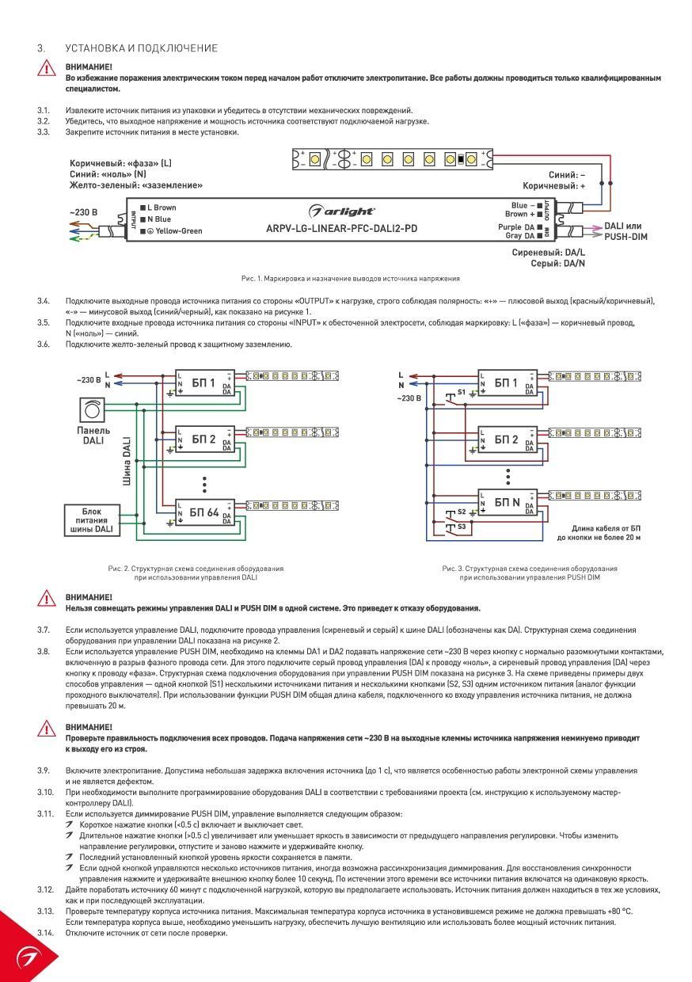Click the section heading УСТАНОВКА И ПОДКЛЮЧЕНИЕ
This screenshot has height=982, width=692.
[141, 48]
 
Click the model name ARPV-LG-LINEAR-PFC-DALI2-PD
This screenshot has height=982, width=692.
[341, 228]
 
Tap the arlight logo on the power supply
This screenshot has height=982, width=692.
[341, 211]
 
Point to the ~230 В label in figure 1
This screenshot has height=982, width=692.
[83, 212]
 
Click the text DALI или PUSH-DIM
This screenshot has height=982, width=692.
[625, 231]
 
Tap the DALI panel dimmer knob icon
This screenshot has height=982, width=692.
[93, 410]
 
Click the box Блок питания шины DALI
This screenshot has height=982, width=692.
[92, 520]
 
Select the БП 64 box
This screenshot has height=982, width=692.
[204, 512]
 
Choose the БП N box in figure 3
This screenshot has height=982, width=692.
[507, 502]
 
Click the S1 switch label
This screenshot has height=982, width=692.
[462, 392]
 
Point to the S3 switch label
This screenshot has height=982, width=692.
[462, 527]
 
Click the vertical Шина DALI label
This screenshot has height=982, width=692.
[127, 461]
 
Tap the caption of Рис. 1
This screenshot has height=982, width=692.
[350, 279]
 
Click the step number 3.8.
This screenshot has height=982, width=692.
[44, 651]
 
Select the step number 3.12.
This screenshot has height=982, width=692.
[46, 889]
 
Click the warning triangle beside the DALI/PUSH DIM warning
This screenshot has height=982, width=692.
[47, 599]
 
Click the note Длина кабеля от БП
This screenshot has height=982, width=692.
[606, 528]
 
